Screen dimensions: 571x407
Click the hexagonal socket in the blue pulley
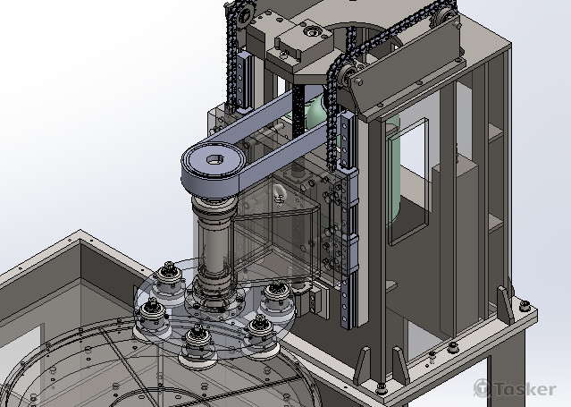213,160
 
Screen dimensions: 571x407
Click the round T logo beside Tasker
483,388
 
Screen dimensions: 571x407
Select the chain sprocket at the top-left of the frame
243,15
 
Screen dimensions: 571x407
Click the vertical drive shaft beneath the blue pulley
214,244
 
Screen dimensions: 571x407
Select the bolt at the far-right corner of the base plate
524,305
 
